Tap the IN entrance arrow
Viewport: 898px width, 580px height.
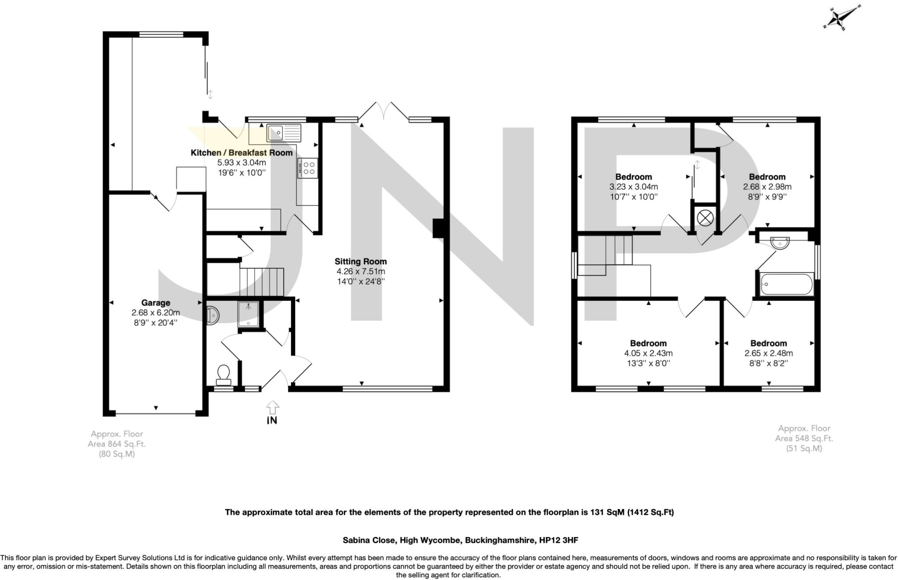click(x=272, y=407)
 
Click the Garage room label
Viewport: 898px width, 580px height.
click(x=156, y=303)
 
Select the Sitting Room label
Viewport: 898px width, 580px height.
click(x=360, y=262)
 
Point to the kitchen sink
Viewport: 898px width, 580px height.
click(x=283, y=132)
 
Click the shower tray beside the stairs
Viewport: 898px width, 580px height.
click(x=248, y=314)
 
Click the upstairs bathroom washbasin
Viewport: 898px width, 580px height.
click(x=779, y=243)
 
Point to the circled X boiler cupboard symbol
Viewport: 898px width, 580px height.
click(x=705, y=218)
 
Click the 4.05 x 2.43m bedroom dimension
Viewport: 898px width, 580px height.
click(x=648, y=353)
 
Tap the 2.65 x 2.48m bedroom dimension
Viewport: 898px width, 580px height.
click(x=768, y=353)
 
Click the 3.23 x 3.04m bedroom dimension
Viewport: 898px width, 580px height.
click(x=634, y=187)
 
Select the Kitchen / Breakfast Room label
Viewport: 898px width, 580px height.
click(x=241, y=153)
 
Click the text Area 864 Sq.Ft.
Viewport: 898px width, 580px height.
click(x=117, y=444)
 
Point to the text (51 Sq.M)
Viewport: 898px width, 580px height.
click(x=804, y=449)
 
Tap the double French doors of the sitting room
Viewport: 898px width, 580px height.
click(x=383, y=110)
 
